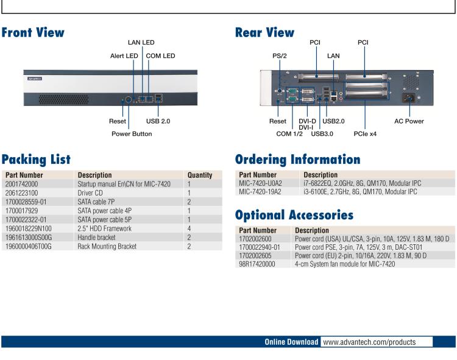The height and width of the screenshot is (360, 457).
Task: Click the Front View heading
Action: pos(33,32)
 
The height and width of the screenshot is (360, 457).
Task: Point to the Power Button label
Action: pos(132,133)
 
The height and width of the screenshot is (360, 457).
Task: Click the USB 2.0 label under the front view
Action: pos(158,121)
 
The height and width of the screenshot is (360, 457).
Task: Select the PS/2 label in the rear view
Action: pos(280,56)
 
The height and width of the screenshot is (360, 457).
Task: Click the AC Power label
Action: pos(409,121)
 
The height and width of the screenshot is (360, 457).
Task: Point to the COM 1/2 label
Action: pos(292,133)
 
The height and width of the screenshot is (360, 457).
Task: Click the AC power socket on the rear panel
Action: pos(408,97)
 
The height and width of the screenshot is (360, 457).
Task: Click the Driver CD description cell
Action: pos(91,191)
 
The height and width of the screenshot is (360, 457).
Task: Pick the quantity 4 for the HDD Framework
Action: pos(190,222)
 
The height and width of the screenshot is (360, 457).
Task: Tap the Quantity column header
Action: pos(200,175)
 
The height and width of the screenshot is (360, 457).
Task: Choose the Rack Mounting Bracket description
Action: pos(107,246)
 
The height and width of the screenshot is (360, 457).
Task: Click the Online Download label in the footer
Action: pos(291,342)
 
